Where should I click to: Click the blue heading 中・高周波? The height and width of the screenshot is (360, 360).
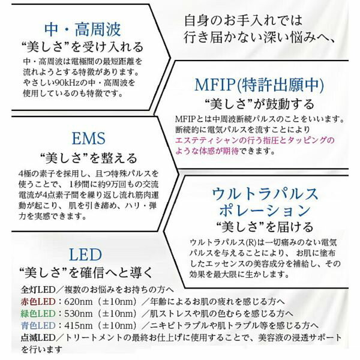(82, 29)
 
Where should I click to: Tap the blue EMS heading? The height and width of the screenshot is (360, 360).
(89, 139)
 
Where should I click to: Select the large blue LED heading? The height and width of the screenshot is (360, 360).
(85, 254)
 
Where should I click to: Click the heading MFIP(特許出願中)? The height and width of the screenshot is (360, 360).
(259, 85)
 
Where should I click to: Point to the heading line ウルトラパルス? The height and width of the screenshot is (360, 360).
(265, 194)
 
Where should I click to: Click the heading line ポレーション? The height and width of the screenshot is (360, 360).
(265, 211)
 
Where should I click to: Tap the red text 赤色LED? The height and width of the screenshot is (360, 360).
(38, 302)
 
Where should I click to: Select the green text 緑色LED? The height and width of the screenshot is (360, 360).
(38, 314)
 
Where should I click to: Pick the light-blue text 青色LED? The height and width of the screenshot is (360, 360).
(38, 326)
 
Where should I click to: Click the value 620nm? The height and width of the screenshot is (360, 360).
(78, 302)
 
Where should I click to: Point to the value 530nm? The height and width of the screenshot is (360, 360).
(78, 314)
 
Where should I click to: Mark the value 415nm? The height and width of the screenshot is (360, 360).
(78, 326)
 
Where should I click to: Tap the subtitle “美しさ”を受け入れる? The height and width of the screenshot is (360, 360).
(82, 47)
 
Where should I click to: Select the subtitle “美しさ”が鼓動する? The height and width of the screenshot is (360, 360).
(259, 104)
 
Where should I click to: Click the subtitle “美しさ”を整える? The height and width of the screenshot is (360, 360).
(89, 158)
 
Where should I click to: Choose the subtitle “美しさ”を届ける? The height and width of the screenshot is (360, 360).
(265, 227)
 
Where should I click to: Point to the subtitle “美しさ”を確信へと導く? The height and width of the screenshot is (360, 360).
(86, 273)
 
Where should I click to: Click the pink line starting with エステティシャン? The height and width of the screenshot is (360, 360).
(254, 140)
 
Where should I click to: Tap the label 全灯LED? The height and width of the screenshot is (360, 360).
(38, 290)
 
